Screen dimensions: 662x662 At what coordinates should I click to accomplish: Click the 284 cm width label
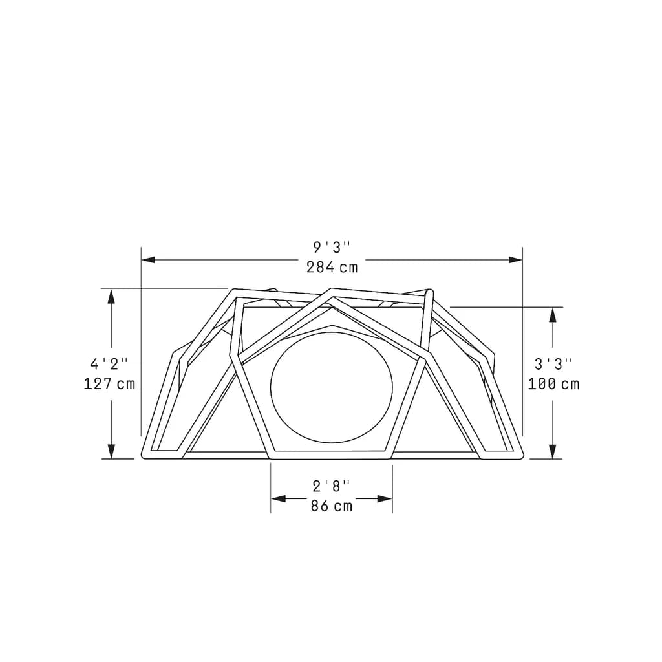(x=332, y=267)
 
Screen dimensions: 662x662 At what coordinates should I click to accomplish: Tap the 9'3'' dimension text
(x=332, y=247)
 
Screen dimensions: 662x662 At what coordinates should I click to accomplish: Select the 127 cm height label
(x=109, y=383)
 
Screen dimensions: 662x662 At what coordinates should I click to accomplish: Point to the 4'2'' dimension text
(x=109, y=363)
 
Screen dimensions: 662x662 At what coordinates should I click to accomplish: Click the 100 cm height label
(x=553, y=384)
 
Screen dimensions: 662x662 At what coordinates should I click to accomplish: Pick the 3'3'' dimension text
(x=553, y=363)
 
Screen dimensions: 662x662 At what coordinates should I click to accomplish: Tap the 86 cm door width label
(x=332, y=506)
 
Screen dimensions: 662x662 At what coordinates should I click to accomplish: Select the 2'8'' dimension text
(x=332, y=486)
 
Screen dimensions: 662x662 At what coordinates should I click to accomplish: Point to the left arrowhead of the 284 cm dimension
(x=148, y=260)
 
